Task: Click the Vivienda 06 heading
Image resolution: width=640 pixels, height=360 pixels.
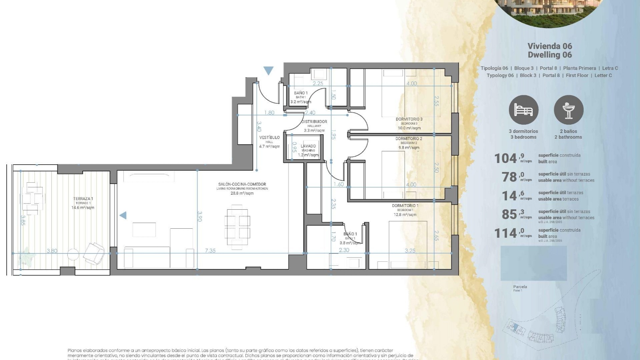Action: (550, 46)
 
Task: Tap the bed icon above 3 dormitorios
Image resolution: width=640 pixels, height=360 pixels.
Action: (523, 110)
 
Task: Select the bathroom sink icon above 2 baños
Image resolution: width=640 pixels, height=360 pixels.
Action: (568, 110)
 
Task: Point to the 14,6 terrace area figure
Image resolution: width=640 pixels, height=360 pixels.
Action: (510, 196)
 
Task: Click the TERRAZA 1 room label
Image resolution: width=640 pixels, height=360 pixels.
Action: (83, 199)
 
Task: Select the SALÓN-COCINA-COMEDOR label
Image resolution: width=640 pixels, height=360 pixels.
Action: (242, 184)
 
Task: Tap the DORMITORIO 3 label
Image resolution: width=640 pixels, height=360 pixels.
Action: (409, 119)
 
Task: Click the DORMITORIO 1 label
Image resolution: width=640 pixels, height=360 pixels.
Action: (405, 206)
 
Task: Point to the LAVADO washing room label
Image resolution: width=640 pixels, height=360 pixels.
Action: (308, 146)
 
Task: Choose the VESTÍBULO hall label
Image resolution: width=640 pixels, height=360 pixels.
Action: (269, 138)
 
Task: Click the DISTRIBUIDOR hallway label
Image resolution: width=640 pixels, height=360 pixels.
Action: (314, 122)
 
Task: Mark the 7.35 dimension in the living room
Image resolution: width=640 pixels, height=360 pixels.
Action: (210, 251)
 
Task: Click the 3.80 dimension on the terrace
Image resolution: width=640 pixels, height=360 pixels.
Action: (52, 251)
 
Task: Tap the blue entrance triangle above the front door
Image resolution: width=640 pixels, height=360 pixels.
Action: (268, 70)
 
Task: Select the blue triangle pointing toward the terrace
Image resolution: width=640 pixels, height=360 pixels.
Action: (123, 215)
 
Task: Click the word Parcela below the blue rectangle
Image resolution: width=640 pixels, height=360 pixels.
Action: (520, 287)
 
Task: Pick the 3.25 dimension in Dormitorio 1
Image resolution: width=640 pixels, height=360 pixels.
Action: (410, 251)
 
